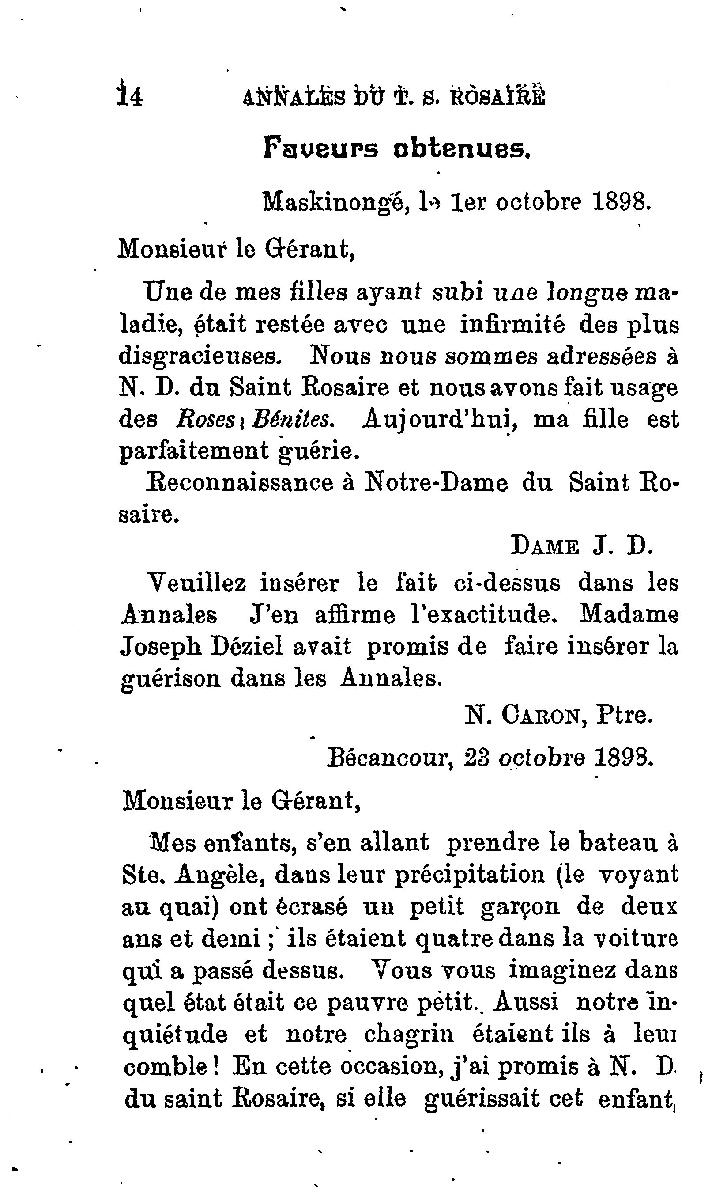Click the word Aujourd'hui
[x=440, y=419]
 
